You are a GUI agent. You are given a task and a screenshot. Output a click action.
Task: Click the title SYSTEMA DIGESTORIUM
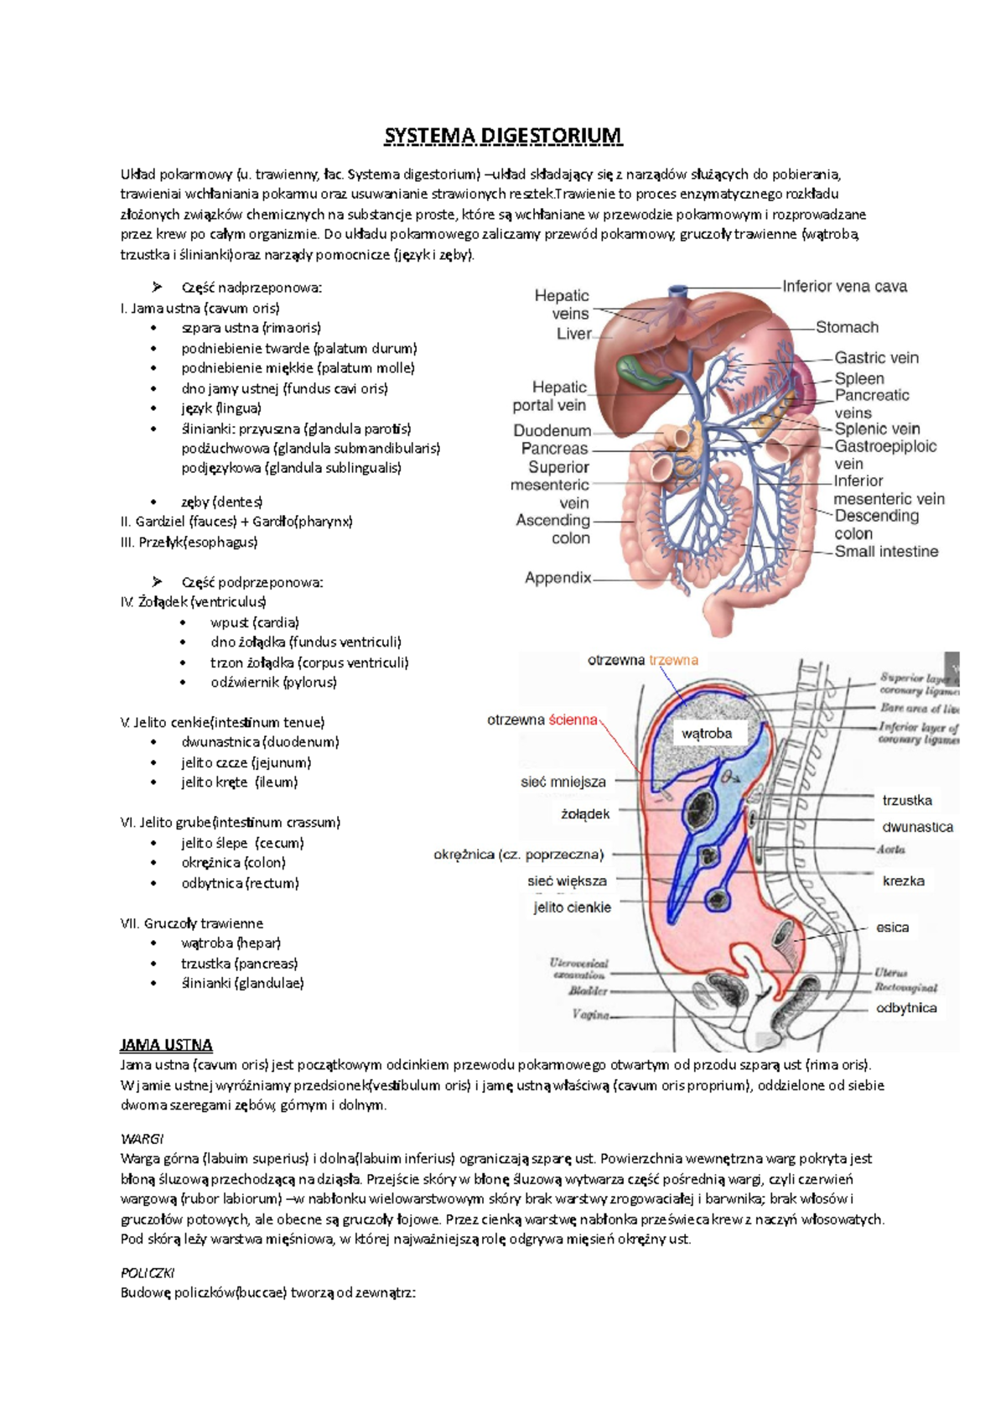point(503,136)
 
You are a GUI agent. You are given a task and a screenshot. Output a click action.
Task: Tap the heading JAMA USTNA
point(166,1045)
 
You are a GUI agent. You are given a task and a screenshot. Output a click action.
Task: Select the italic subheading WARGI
point(142,1139)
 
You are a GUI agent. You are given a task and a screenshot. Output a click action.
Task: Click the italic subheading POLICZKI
point(148,1272)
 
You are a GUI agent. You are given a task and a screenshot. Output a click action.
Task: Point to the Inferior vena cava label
point(844,287)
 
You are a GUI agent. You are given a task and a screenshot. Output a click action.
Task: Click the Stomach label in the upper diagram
point(847,327)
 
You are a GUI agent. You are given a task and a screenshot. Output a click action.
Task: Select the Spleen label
point(858,378)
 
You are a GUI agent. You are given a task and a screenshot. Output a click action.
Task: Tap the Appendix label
point(557,578)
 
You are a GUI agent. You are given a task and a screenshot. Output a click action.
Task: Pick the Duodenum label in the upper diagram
point(552,431)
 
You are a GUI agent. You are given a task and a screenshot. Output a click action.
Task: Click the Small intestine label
point(886,552)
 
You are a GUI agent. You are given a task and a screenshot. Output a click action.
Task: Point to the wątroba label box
point(707,734)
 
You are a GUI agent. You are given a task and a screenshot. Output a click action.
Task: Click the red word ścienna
point(573,720)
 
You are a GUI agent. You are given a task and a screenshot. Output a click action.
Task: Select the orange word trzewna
point(673,660)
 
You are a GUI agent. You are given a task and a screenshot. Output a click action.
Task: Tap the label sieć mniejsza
point(563,782)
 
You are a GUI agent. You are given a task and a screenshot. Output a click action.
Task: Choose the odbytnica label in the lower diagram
point(906,1008)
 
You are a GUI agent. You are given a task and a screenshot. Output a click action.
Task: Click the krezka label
point(903,881)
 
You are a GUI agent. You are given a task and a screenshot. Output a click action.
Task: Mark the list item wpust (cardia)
point(254,622)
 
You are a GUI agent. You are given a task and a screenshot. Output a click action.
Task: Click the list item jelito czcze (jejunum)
point(246,762)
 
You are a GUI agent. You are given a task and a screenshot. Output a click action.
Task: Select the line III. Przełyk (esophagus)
point(189,542)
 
